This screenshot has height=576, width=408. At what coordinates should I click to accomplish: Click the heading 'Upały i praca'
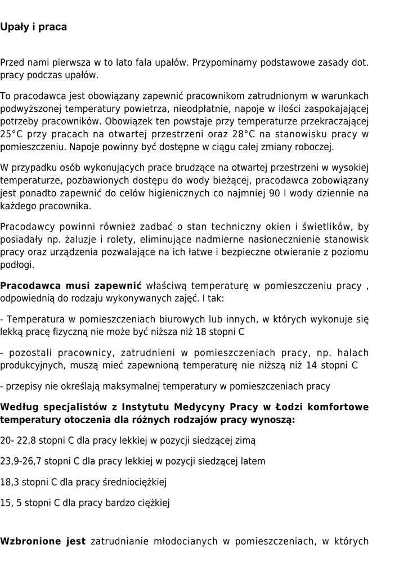tap(33, 27)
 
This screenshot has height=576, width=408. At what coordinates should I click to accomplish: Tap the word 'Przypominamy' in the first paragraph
tap(221, 62)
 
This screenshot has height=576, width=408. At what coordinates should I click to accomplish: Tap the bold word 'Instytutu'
tap(148, 407)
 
